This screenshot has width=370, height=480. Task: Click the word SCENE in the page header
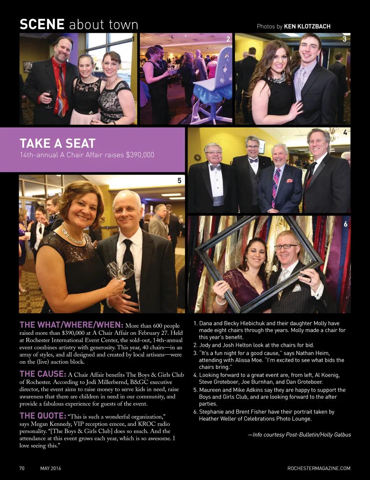pos(42,25)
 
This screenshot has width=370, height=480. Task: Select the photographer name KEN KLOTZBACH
pos(307,26)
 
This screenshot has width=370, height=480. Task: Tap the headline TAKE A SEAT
pos(57,143)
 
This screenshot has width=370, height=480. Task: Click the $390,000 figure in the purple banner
pos(139,155)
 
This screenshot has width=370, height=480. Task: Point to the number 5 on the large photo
pos(179,180)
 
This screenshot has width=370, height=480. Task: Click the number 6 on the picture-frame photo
pos(345,224)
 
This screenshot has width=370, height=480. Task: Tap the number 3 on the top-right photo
pos(344,39)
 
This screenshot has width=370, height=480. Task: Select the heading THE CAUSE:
pos(43,374)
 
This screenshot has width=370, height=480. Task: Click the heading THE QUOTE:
pos(43,415)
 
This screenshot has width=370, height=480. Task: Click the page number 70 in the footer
pos(22,468)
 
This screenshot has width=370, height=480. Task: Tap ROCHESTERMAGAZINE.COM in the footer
pos(319,468)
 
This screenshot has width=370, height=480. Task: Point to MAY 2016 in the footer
pos(51,468)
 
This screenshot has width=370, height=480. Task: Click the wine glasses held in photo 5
pos(120,271)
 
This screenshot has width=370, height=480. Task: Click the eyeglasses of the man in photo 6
pos(286,247)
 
